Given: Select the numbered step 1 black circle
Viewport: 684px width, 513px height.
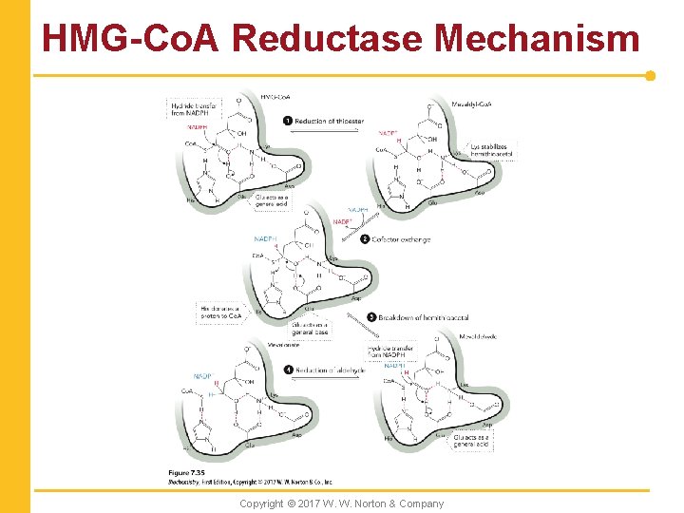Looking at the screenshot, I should click(x=288, y=121).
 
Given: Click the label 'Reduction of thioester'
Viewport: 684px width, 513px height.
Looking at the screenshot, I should click(x=329, y=121).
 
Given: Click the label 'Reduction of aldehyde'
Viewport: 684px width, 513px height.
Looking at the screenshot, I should click(x=331, y=370).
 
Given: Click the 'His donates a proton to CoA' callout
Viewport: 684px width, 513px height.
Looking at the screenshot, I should click(x=219, y=311).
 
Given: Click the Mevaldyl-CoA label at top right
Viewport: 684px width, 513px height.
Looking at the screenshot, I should click(x=471, y=104).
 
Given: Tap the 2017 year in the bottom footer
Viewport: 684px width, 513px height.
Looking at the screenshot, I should click(x=313, y=503).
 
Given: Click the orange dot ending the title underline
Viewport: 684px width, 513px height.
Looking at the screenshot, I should click(x=650, y=75).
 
